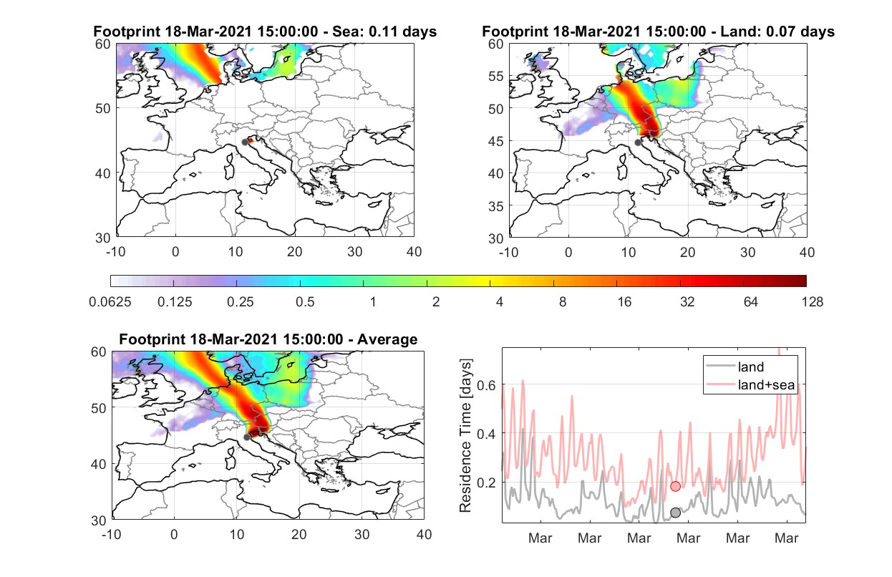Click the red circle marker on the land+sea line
point(675,486)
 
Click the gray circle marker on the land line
point(675,513)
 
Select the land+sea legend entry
point(751,384)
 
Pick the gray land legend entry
point(735,367)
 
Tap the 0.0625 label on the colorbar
point(110,302)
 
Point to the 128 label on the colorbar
point(813,302)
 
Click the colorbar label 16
point(624,302)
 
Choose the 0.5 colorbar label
point(305,302)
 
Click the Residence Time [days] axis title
point(465,436)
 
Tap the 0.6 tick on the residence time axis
point(487,385)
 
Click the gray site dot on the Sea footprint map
point(245,142)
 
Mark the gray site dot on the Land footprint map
point(638,142)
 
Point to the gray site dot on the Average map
point(247,437)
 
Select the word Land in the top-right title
point(737,31)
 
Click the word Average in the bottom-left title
point(387,339)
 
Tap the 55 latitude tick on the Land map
point(496,76)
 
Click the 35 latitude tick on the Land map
point(496,206)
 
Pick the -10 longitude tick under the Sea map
point(115,252)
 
